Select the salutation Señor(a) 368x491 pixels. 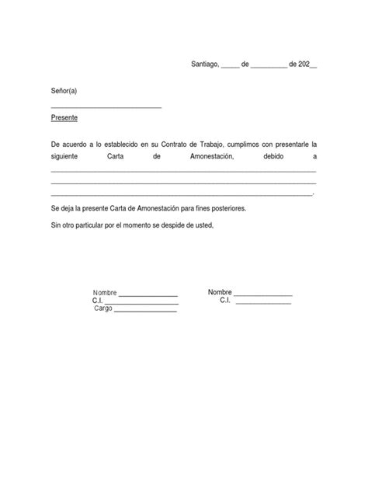click(64, 92)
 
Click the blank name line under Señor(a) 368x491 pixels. click(106, 106)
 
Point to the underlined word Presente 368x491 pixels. click(64, 119)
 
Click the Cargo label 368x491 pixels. click(103, 308)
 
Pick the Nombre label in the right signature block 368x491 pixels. click(220, 292)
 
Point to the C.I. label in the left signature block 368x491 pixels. click(98, 301)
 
